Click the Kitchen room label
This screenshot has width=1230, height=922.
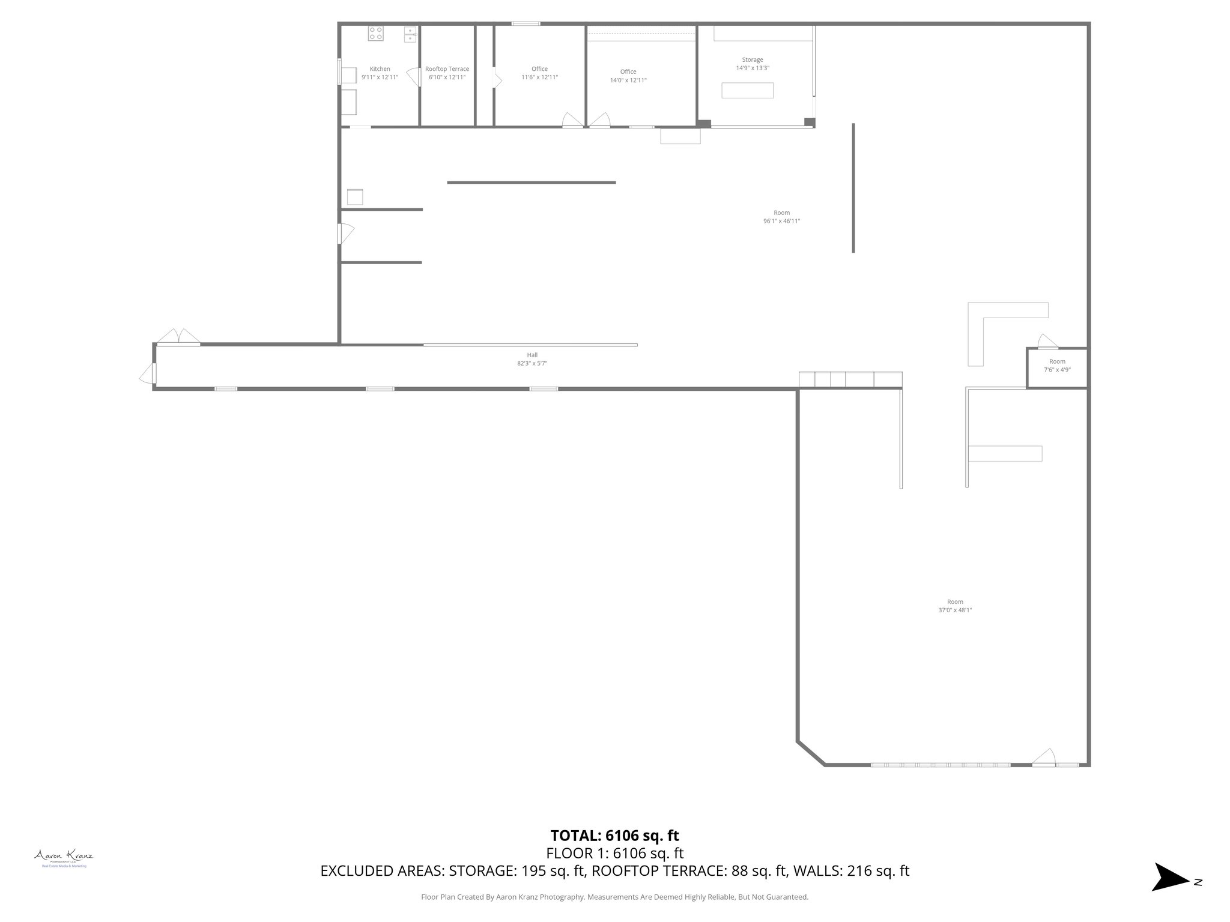pyautogui.click(x=380, y=69)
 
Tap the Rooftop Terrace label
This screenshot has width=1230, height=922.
pyautogui.click(x=447, y=69)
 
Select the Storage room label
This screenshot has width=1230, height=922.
pyautogui.click(x=753, y=60)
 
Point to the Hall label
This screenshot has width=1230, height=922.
pyautogui.click(x=532, y=355)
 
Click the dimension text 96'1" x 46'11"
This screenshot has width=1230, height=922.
pyautogui.click(x=781, y=221)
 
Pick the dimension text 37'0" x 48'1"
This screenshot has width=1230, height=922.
pyautogui.click(x=955, y=610)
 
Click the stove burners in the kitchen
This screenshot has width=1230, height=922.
pyautogui.click(x=376, y=33)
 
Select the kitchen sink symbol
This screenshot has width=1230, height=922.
pyautogui.click(x=410, y=34)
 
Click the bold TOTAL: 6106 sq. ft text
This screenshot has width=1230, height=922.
pyautogui.click(x=614, y=836)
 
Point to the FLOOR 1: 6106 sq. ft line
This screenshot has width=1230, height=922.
pyautogui.click(x=614, y=853)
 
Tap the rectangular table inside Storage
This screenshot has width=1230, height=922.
pyautogui.click(x=747, y=90)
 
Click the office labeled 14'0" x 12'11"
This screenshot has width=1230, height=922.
pyautogui.click(x=628, y=76)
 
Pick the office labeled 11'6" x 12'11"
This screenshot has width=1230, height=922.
pyautogui.click(x=539, y=73)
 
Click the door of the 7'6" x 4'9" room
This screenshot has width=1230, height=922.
pyautogui.click(x=1047, y=342)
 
